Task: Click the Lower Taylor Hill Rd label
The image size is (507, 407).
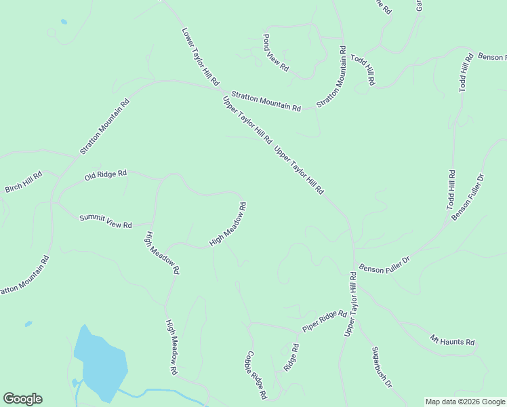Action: click(x=201, y=56)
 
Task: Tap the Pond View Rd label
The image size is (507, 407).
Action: click(x=276, y=53)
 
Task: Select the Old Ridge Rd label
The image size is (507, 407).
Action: click(x=106, y=175)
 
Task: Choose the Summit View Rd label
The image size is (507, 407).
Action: click(x=106, y=220)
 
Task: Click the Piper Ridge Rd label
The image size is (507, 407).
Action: click(x=325, y=322)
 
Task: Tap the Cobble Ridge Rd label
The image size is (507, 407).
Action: click(x=256, y=374)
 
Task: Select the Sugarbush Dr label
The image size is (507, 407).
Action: click(x=382, y=367)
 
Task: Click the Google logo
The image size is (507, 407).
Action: click(x=22, y=399)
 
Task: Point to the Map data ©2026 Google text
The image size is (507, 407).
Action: click(x=464, y=402)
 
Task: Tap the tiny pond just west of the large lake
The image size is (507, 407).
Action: click(x=28, y=324)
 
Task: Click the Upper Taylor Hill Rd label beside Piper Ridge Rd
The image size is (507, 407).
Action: click(x=350, y=305)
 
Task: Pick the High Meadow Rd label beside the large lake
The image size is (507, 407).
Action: click(x=171, y=349)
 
